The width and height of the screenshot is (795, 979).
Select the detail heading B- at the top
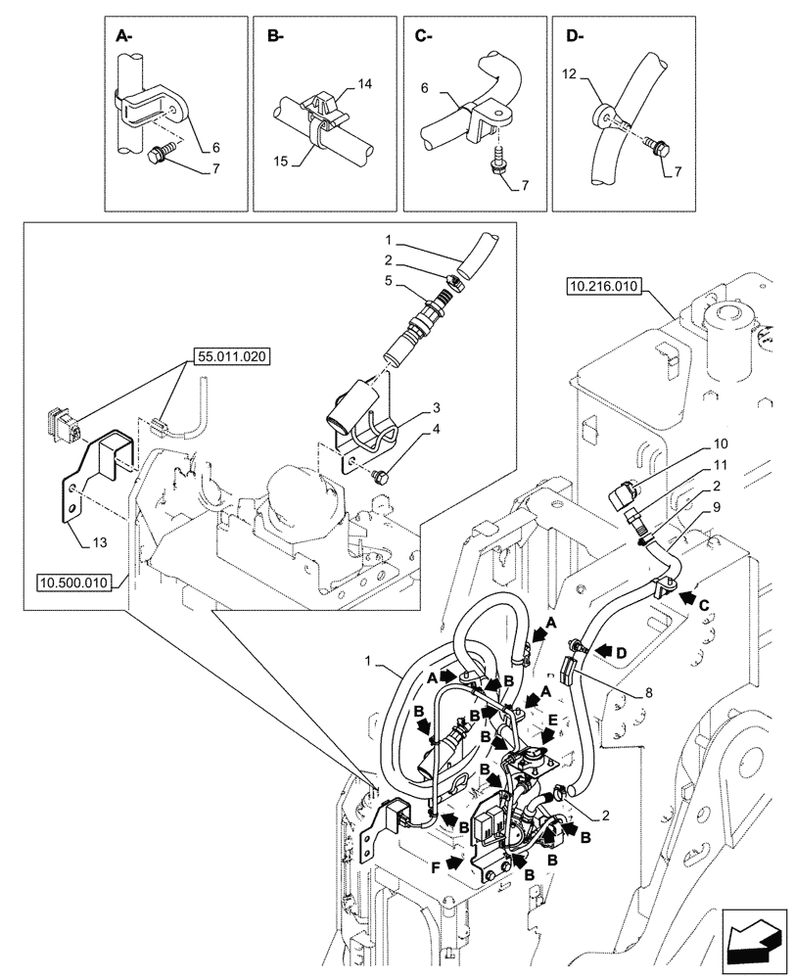274,37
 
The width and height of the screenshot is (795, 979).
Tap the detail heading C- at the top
424,37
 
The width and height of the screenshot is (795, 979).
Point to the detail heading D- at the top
573,37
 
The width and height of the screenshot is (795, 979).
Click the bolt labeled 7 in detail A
159,152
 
